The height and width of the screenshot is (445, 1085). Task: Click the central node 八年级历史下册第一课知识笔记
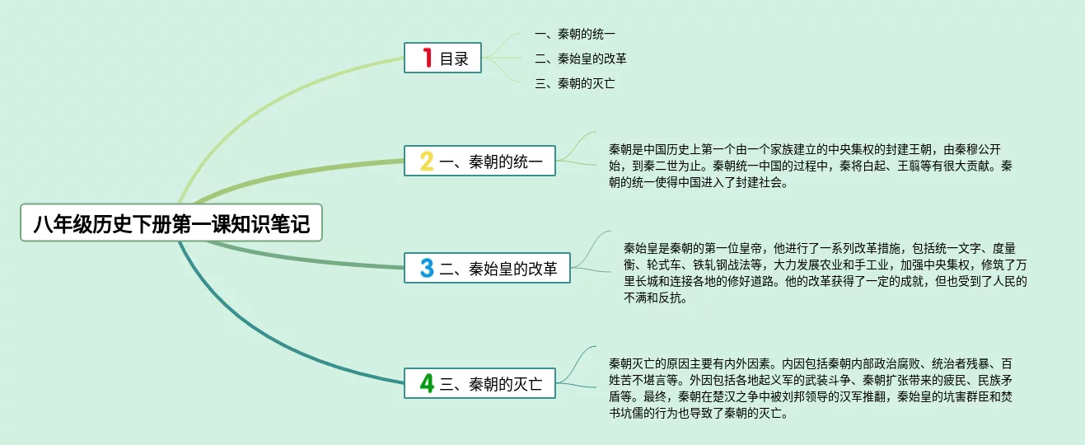click(x=171, y=223)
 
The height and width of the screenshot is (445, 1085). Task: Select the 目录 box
click(x=442, y=58)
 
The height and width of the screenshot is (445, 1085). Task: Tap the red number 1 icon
click(x=427, y=58)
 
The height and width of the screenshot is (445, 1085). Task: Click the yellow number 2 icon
click(x=427, y=161)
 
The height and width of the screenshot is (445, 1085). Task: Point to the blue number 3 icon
click(x=427, y=268)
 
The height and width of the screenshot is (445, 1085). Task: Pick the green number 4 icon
click(x=427, y=383)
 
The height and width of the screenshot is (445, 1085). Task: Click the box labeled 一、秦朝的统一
click(x=479, y=161)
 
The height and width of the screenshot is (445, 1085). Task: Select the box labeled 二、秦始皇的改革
click(x=487, y=268)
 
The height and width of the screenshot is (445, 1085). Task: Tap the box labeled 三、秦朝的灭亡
click(x=479, y=383)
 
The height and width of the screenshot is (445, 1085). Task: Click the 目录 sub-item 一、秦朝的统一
click(x=575, y=34)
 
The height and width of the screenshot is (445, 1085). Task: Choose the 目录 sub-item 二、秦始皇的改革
click(x=581, y=59)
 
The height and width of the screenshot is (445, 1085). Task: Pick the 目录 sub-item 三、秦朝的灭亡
click(x=575, y=83)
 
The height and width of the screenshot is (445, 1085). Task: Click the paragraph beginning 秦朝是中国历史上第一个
click(x=811, y=166)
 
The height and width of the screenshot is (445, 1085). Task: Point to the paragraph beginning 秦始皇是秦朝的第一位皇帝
click(x=825, y=273)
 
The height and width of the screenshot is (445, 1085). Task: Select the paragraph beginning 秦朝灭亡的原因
click(x=811, y=388)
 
